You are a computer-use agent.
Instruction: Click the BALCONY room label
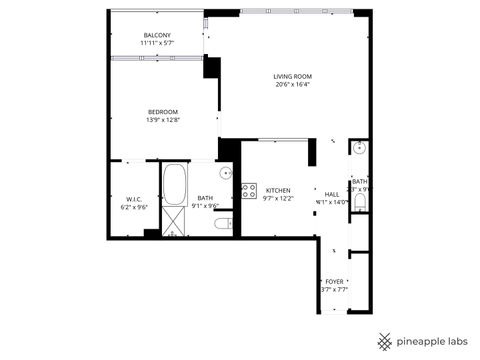click(x=156, y=36)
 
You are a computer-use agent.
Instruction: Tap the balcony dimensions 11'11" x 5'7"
click(x=156, y=44)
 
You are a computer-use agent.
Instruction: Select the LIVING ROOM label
click(x=293, y=76)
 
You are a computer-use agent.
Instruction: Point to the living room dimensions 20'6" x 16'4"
click(x=293, y=84)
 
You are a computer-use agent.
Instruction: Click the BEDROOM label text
click(x=163, y=111)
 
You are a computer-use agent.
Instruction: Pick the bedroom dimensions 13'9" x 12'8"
click(x=163, y=119)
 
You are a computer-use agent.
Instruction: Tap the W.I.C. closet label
click(x=134, y=198)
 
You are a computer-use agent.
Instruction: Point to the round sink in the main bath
click(x=226, y=172)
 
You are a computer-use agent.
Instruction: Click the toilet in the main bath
click(x=223, y=223)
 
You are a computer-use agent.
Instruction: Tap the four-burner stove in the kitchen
click(x=249, y=190)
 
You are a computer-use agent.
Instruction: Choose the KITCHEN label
click(x=277, y=190)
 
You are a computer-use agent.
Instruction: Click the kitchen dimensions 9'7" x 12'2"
click(x=277, y=198)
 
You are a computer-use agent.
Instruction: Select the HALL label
click(x=332, y=194)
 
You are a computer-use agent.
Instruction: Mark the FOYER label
click(x=334, y=282)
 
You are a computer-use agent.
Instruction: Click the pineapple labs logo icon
click(x=385, y=341)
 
